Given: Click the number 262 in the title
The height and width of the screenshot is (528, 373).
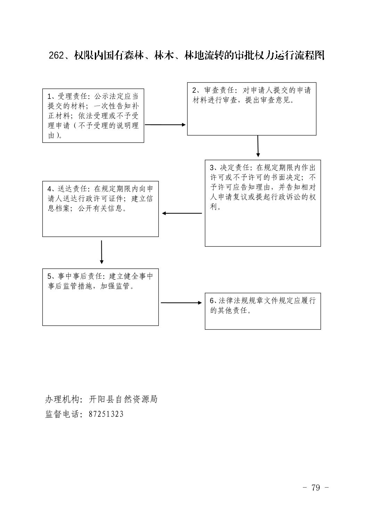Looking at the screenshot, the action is (x=56, y=56).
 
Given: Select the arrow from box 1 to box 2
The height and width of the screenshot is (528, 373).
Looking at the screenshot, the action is (x=165, y=125).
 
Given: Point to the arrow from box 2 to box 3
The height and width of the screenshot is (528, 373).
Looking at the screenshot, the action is (x=258, y=146).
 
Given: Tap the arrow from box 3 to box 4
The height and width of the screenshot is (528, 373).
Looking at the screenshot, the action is (x=182, y=213).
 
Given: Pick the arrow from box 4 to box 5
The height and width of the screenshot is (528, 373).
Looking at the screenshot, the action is (x=101, y=252).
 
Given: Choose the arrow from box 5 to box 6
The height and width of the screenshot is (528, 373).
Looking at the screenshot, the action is (x=181, y=303).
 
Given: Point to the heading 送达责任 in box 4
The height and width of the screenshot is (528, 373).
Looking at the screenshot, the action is (x=72, y=189).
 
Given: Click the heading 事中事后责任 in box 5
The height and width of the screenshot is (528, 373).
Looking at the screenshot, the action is (x=80, y=276).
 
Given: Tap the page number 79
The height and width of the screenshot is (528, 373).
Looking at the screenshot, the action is (x=316, y=487).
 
